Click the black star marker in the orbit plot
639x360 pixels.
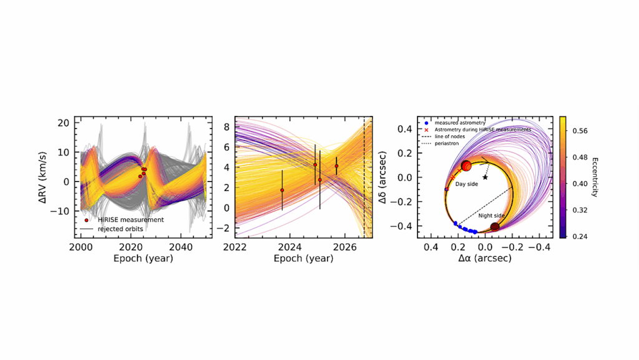click(x=485, y=177)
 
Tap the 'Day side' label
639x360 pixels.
click(x=467, y=185)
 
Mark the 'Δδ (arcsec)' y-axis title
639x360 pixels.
click(x=389, y=177)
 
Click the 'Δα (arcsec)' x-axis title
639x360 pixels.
click(x=485, y=258)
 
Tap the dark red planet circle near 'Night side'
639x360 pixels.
click(x=495, y=227)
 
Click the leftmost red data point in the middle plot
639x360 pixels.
click(x=282, y=190)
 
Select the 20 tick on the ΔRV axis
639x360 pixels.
click(x=64, y=123)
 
